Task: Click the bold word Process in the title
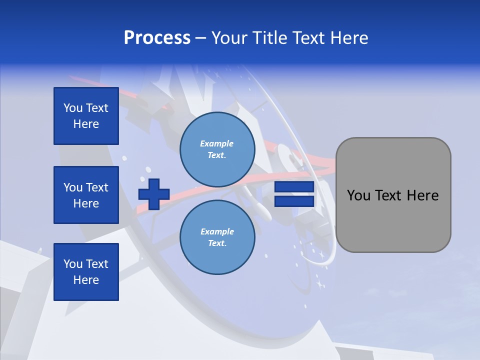(157, 38)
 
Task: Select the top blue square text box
(86, 116)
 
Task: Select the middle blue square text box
(86, 195)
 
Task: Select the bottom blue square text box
(86, 272)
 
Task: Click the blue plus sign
(154, 194)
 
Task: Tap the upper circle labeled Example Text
(217, 149)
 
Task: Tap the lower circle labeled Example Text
(217, 237)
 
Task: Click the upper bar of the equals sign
(294, 187)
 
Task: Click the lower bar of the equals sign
(294, 201)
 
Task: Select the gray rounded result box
(393, 195)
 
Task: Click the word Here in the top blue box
(86, 124)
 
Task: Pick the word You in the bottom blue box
(73, 264)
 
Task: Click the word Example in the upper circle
(217, 143)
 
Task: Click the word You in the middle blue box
(73, 187)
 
